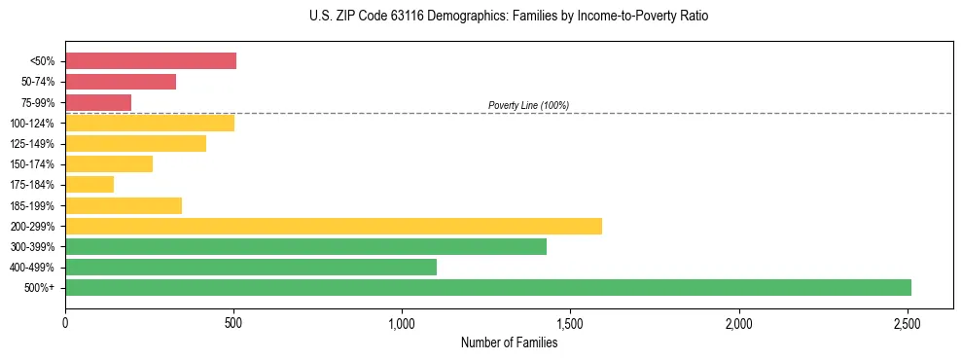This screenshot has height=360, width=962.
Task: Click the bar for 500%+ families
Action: (487, 287)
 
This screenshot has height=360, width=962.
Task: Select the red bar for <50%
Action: (151, 61)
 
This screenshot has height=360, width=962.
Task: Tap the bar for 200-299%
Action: (333, 226)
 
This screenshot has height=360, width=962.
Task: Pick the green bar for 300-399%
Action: (305, 246)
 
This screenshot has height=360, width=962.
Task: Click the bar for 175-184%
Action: (89, 184)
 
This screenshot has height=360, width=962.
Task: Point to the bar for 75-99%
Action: (98, 102)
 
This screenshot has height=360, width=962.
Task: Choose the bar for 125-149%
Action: (135, 143)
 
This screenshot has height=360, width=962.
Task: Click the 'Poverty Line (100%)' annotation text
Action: (528, 105)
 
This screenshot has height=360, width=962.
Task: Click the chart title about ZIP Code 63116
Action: (509, 17)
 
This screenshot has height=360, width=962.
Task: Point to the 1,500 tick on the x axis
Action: (571, 321)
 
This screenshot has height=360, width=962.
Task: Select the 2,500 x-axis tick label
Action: (908, 321)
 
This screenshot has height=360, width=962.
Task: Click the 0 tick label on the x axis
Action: (65, 321)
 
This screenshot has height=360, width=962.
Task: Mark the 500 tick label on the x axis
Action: (233, 321)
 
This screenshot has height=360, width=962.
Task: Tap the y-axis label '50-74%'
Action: (38, 82)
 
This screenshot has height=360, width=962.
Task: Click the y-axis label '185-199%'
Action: (34, 205)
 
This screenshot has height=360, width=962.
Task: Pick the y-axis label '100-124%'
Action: (34, 123)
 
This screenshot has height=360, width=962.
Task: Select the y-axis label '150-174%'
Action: (34, 164)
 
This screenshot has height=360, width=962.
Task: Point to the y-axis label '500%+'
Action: (41, 288)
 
